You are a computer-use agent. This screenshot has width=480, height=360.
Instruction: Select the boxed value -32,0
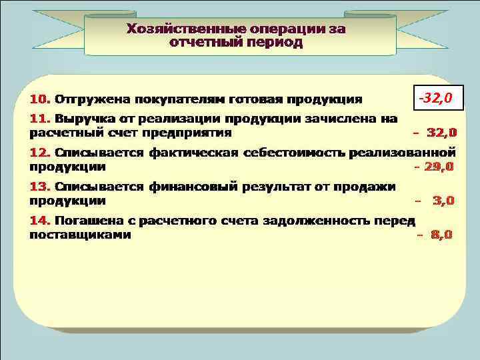(435, 99)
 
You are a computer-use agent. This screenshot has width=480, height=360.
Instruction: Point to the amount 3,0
(444, 200)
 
